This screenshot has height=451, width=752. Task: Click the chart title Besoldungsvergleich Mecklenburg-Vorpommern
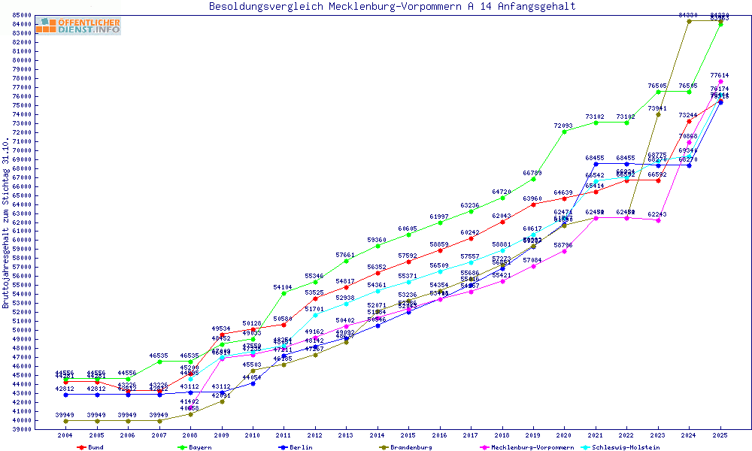point(392,7)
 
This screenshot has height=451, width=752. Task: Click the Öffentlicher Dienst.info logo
point(77,26)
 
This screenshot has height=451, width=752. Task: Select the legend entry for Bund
point(91,447)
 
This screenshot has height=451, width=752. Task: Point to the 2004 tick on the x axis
point(65,435)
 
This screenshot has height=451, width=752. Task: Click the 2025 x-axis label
point(720,435)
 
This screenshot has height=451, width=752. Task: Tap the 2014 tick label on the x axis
point(378,435)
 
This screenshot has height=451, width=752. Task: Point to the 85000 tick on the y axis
point(21,15)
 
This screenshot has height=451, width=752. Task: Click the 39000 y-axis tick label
point(21,429)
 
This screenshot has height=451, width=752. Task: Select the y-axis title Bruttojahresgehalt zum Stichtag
point(7,223)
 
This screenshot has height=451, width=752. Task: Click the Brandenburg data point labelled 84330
point(689,21)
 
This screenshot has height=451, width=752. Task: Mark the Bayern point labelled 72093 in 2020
point(565,131)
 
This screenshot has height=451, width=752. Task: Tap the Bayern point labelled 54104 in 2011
point(284,292)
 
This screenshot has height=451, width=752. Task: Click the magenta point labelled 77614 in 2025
point(720,81)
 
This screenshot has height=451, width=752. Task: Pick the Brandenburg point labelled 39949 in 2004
point(65,421)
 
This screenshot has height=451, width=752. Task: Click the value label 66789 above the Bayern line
point(532,174)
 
